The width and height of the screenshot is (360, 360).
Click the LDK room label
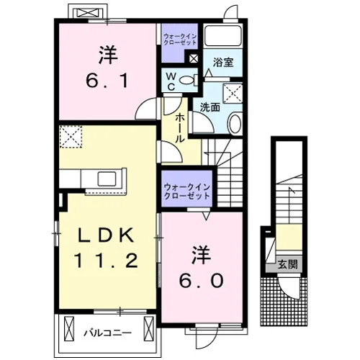(105, 235)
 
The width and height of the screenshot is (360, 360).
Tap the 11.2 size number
(107, 261)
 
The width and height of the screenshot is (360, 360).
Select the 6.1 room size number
(107, 81)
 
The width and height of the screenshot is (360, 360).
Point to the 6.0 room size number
(202, 281)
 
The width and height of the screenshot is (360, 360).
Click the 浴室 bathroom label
(223, 63)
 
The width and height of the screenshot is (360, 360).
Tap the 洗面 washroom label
(210, 107)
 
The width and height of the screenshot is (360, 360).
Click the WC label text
(171, 81)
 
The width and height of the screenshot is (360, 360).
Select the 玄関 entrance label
(288, 265)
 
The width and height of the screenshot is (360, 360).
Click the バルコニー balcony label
(107, 333)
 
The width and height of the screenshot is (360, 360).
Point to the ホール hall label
(180, 128)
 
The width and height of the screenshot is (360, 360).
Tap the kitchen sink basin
(107, 179)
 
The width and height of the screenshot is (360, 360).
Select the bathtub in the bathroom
(224, 35)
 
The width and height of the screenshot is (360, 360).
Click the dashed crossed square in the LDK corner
(71, 137)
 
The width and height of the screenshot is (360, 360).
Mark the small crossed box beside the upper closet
(194, 58)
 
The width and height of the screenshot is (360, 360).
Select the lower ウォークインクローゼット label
(187, 192)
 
